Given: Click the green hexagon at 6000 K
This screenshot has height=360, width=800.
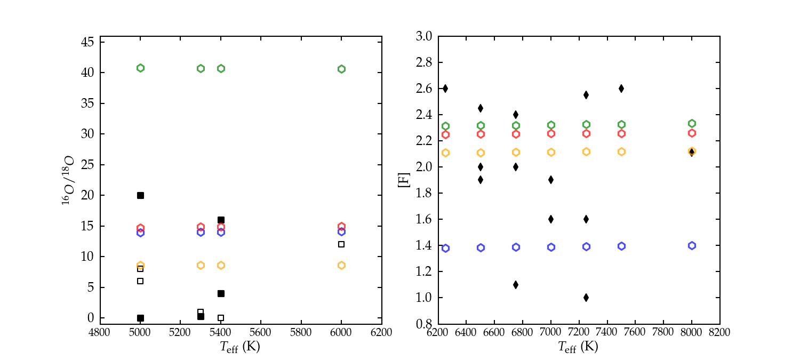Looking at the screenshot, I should click(x=341, y=69).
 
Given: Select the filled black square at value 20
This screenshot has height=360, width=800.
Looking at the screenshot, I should click(x=140, y=195).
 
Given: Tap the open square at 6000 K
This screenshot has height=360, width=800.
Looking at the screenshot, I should click(x=341, y=244).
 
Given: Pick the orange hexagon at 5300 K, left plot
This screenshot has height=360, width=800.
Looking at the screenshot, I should click(x=201, y=265).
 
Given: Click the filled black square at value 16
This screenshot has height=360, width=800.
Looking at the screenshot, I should click(x=221, y=220).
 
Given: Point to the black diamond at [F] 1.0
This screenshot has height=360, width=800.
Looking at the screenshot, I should click(x=586, y=298).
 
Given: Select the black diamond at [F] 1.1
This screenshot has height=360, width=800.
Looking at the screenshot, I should click(x=516, y=285).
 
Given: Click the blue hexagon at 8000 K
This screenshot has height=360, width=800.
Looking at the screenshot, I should click(x=692, y=245).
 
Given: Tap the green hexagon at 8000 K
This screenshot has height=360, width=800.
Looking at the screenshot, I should click(x=692, y=123).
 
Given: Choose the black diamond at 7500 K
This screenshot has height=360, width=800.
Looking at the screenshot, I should click(x=621, y=89).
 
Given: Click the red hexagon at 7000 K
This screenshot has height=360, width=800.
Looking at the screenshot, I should click(x=551, y=133).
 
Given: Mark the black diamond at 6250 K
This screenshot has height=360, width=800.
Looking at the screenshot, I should click(x=445, y=89).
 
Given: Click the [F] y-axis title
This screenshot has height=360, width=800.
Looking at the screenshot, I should click(x=408, y=180).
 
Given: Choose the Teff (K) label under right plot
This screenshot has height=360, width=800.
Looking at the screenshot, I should click(x=579, y=347).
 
